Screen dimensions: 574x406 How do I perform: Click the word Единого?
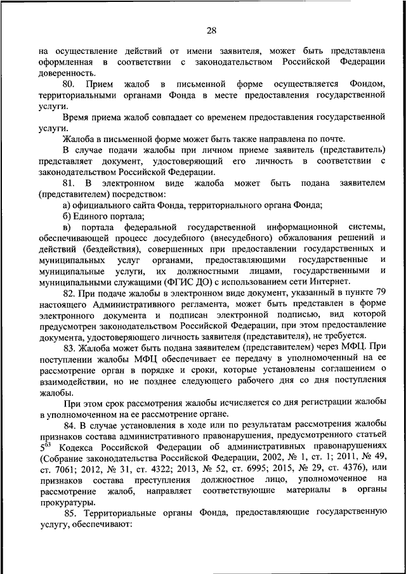[x=91, y=216]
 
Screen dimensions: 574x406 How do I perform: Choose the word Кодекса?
[x=78, y=448]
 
